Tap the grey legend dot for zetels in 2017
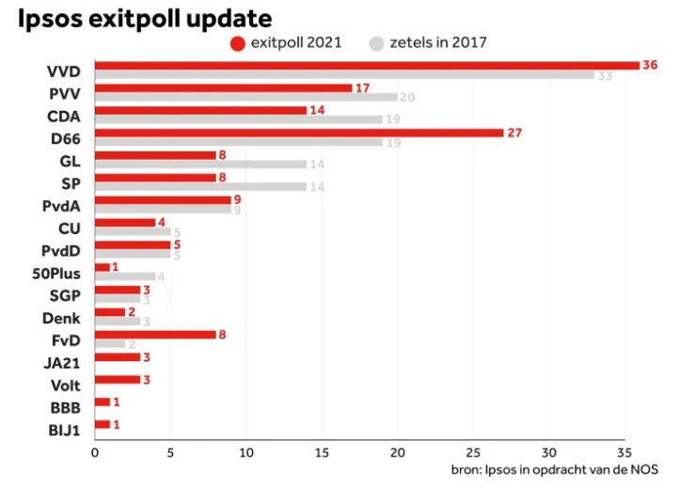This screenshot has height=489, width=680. (377, 42)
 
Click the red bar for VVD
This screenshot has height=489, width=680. (366, 65)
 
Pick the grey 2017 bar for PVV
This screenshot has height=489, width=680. (245, 97)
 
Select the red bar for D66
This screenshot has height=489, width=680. (298, 133)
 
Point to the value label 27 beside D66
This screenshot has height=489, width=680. (514, 133)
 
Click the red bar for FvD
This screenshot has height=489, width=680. (154, 334)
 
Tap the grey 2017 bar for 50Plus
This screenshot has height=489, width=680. (124, 276)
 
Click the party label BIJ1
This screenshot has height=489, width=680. (64, 430)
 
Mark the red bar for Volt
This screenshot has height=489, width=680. (117, 379)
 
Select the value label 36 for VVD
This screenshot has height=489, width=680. (649, 65)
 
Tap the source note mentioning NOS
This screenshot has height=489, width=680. (554, 469)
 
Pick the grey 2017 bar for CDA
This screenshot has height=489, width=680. (237, 119)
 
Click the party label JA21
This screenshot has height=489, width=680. (62, 362)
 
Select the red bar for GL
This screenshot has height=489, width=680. (154, 155)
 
